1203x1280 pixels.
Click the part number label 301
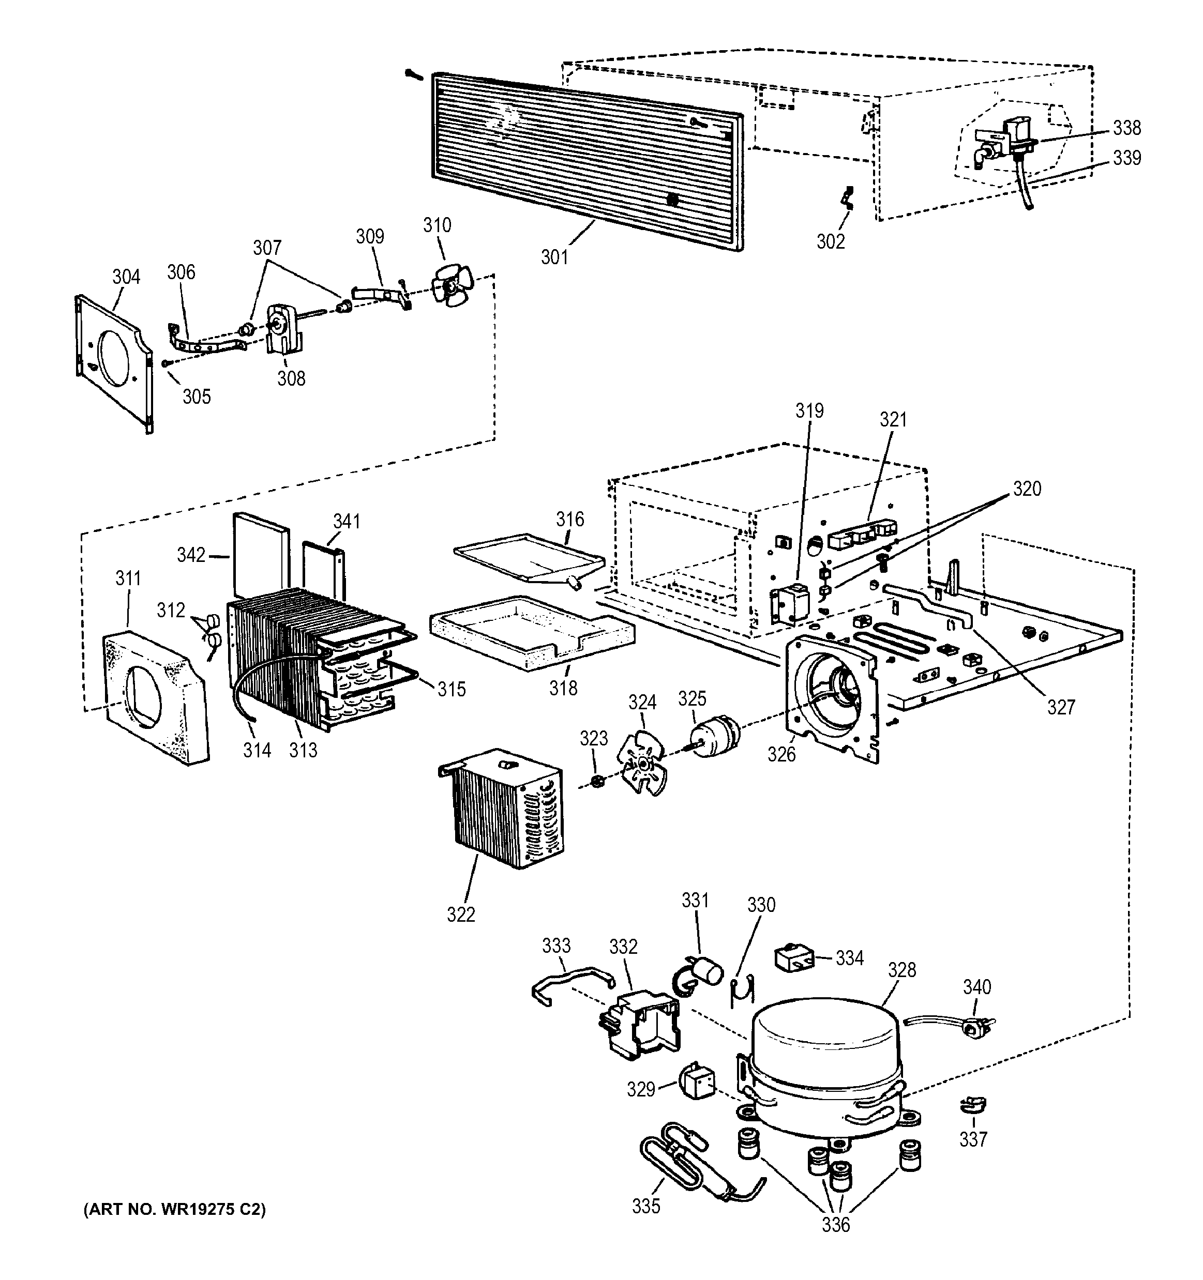(554, 257)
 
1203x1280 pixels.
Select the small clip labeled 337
(972, 1105)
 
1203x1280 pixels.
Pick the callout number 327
(1061, 707)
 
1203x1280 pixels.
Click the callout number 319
(809, 411)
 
